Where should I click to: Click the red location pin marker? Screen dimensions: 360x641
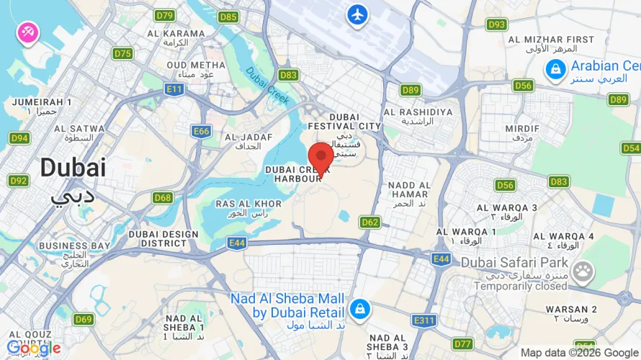320,156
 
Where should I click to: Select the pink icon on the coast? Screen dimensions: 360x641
28,32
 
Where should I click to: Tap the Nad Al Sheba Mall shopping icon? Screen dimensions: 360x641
358,309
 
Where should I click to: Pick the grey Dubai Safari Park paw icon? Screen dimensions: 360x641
584,271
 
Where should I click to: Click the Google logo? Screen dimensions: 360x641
33,348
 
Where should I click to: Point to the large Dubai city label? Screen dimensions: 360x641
73,168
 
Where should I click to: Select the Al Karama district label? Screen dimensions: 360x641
176,33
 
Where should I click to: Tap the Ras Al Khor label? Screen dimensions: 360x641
243,204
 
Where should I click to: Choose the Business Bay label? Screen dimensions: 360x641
73,246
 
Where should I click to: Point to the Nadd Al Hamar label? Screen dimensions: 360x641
408,185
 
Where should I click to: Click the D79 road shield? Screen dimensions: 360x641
165,15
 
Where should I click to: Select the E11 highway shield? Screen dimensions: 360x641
174,89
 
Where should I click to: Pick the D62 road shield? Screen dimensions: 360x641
369,222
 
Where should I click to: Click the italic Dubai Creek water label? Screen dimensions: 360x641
267,84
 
